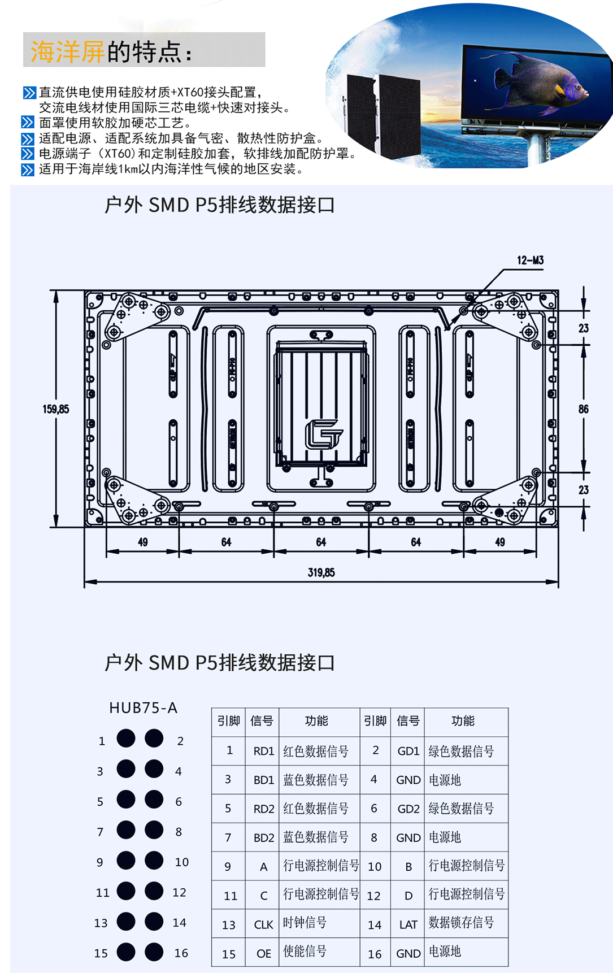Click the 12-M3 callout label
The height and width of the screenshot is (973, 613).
pyautogui.click(x=530, y=260)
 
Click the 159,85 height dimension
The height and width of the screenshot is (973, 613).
pyautogui.click(x=56, y=409)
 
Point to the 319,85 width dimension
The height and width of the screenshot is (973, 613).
pyautogui.click(x=321, y=572)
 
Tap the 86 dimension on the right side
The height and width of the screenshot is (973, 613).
pyautogui.click(x=583, y=409)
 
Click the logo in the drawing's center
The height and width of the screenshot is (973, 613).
pyautogui.click(x=323, y=434)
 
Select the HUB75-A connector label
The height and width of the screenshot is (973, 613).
pyautogui.click(x=143, y=707)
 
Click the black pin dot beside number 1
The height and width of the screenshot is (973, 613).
pyautogui.click(x=126, y=738)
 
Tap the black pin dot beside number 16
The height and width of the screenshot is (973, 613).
pyautogui.click(x=154, y=952)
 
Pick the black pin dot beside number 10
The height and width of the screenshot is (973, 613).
pyautogui.click(x=154, y=860)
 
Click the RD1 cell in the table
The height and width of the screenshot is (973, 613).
pyautogui.click(x=263, y=751)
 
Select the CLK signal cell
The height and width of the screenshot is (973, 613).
pyautogui.click(x=263, y=924)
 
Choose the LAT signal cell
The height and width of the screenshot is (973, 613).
pyautogui.click(x=408, y=924)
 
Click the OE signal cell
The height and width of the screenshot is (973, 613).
pyautogui.click(x=263, y=953)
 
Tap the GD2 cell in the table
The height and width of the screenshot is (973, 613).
pyautogui.click(x=408, y=809)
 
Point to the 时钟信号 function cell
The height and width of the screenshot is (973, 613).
pyautogui.click(x=305, y=923)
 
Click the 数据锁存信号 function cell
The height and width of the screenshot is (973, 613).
pyautogui.click(x=461, y=923)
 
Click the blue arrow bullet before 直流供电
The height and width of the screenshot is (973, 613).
pyautogui.click(x=29, y=93)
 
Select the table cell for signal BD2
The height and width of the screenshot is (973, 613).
pyautogui.click(x=263, y=837)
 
